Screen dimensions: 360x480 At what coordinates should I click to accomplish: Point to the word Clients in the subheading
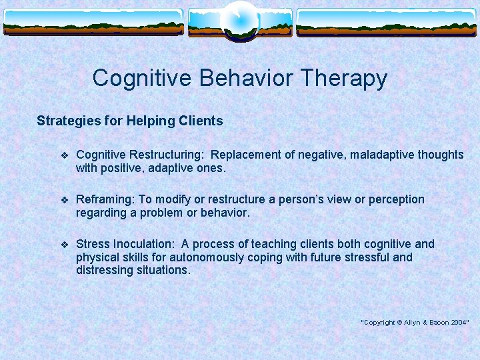click(x=201, y=121)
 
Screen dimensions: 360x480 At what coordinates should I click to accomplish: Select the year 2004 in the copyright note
click(x=459, y=322)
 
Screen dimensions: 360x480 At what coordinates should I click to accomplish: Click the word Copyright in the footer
click(x=379, y=322)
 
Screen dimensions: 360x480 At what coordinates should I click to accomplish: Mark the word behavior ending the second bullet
click(x=225, y=213)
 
